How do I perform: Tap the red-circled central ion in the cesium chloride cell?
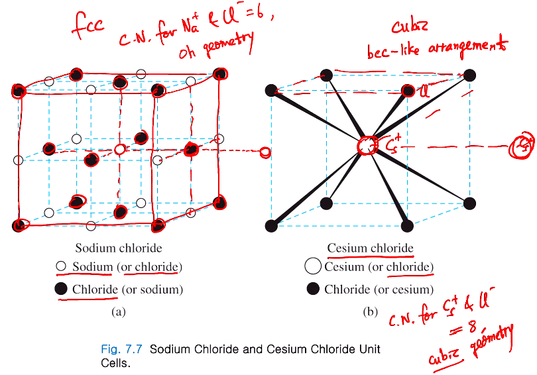(366, 146)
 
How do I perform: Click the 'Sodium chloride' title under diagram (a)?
(118, 248)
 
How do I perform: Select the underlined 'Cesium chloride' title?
(370, 248)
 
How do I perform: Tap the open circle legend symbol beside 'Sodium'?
(61, 267)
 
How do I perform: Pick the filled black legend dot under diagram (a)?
(61, 290)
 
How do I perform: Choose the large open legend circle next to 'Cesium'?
(313, 267)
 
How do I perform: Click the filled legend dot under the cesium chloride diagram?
(313, 290)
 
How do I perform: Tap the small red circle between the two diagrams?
(265, 152)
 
